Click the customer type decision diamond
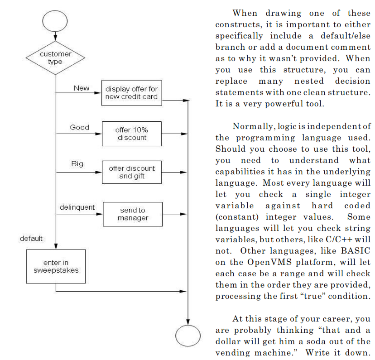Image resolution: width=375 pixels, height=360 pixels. pos(55,58)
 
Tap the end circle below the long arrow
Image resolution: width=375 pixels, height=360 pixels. pos(188,336)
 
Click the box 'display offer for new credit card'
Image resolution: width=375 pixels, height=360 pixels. pos(131,93)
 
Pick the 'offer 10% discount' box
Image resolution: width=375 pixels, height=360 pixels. pos(131,134)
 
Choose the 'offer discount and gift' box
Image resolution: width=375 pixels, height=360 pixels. pos(131,172)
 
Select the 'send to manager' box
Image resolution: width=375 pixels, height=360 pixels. pos(133,214)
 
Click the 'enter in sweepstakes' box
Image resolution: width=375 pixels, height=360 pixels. pos(56,267)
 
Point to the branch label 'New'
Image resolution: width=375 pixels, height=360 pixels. pos(82,88)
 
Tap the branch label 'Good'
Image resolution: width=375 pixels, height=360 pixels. pos(79,128)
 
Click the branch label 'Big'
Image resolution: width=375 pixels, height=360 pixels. pos(77,164)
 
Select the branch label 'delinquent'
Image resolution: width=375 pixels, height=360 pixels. pos(77,207)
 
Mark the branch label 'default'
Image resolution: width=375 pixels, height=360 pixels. pos(31,239)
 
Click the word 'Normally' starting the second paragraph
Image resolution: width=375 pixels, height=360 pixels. pos(248,126)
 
